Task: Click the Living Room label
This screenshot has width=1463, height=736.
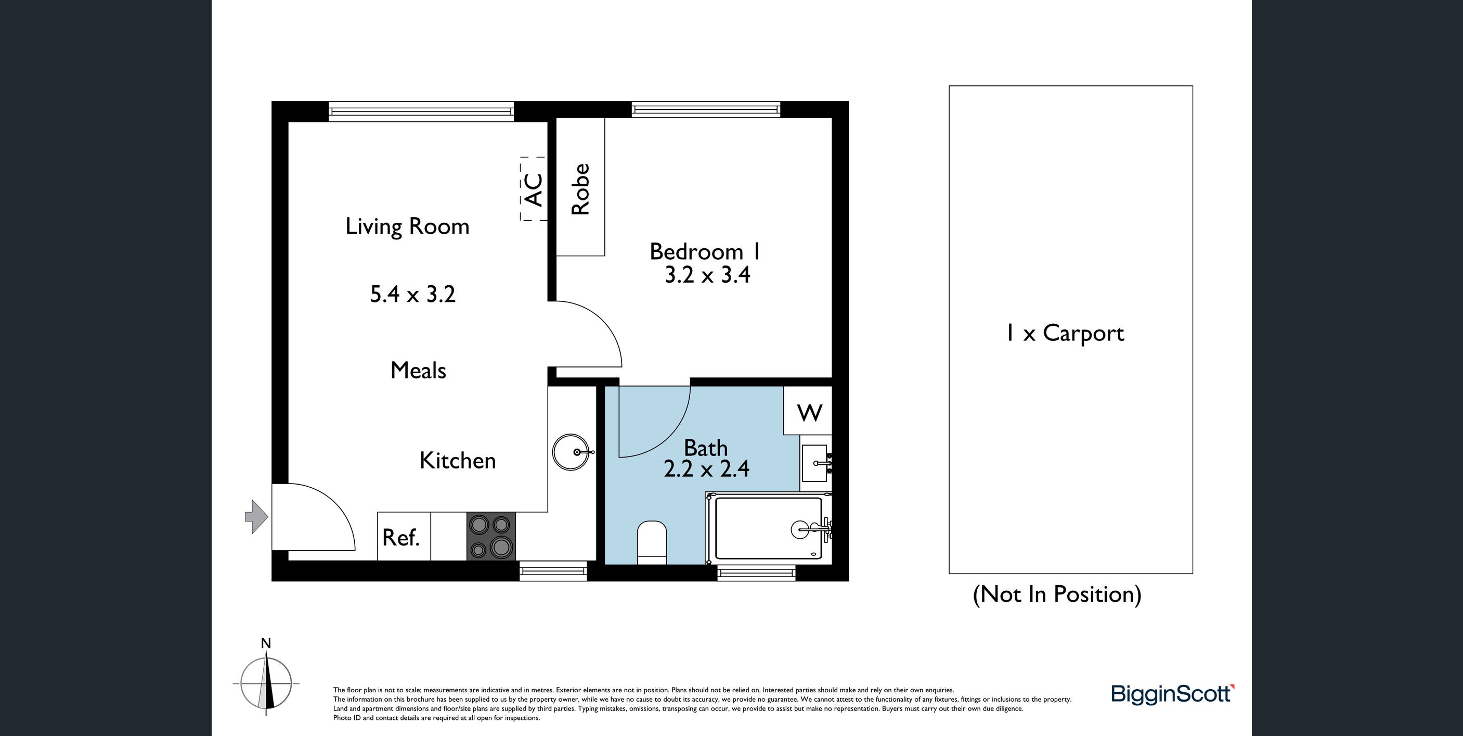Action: point(407,226)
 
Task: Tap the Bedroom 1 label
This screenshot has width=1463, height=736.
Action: point(705,251)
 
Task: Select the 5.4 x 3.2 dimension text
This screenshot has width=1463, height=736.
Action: point(413,295)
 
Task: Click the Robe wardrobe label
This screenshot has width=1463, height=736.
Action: point(580,189)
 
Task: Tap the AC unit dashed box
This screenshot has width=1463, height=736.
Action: point(533,189)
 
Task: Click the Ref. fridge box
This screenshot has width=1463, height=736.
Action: point(404,537)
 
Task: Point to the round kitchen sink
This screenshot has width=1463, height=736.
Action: point(573,452)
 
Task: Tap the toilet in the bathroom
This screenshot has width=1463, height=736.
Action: point(652,543)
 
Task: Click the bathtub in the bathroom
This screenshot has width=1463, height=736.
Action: point(769,528)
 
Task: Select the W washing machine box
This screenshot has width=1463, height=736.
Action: point(808,411)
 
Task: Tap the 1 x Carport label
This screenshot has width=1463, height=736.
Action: point(1065,334)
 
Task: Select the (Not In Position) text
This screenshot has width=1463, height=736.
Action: point(1057,594)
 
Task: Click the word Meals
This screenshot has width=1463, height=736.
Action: point(419,371)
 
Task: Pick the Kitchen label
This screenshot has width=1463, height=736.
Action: point(458,460)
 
